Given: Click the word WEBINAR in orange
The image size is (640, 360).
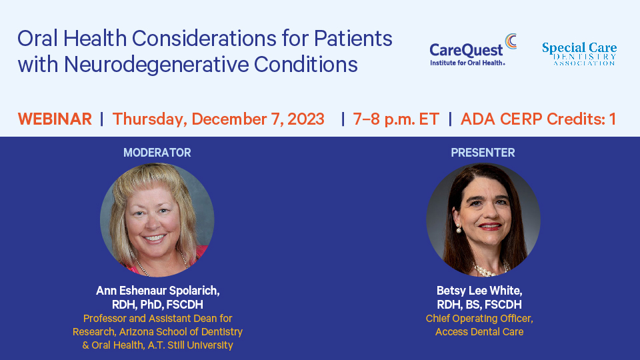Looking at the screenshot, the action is [55, 119].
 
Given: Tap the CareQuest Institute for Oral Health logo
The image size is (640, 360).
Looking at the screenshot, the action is [473, 50].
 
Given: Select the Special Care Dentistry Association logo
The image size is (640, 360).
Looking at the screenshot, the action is [579, 54].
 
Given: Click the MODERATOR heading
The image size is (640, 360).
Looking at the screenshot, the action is [157, 153].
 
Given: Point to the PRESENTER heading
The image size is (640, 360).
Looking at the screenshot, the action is [483, 153].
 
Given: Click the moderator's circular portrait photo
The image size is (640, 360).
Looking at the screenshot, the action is [157, 220].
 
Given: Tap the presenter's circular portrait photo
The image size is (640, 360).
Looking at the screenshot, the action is [483, 220].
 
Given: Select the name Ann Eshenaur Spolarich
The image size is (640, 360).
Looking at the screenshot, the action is [157, 291].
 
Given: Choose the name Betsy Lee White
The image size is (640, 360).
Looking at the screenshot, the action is [479, 291].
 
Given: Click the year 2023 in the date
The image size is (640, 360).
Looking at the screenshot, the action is [306, 119].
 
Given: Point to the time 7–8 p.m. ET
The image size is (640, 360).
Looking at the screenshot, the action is [396, 119].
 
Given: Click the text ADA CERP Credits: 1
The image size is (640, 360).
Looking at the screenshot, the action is [539, 119].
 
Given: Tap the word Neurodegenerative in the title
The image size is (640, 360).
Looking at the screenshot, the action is [156, 65].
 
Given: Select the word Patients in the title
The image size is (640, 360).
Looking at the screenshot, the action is [353, 39].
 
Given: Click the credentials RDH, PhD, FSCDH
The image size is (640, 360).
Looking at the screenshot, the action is [157, 305].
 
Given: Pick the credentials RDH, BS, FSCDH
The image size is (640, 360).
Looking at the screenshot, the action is [479, 305].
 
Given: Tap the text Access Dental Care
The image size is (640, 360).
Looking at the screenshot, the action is [479, 332].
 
